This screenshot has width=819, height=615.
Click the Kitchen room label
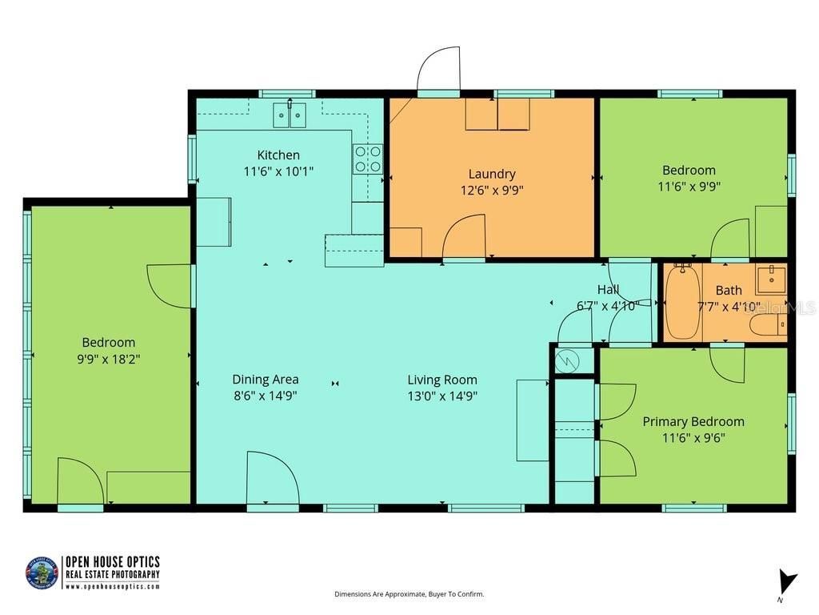click(x=278, y=155)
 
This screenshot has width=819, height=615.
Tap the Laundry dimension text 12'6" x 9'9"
click(x=492, y=191)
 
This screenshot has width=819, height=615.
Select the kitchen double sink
click(x=290, y=115)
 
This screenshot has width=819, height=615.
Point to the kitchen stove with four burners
click(x=368, y=159)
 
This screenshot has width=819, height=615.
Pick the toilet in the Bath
click(x=768, y=324)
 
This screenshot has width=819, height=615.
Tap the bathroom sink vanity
click(x=771, y=280)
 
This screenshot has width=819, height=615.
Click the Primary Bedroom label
click(x=693, y=422)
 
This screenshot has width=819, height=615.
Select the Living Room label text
click(x=442, y=380)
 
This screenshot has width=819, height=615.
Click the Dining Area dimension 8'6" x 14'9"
click(x=266, y=396)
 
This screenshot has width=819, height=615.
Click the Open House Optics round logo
click(x=42, y=573)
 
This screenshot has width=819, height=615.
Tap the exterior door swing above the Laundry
click(x=439, y=70)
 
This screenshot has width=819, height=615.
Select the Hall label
click(x=608, y=290)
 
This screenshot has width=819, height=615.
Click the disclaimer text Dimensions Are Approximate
click(x=409, y=594)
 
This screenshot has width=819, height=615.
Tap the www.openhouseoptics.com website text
click(x=112, y=586)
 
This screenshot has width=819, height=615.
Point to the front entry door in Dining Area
click(x=272, y=478)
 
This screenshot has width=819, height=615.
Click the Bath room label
click(x=729, y=291)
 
